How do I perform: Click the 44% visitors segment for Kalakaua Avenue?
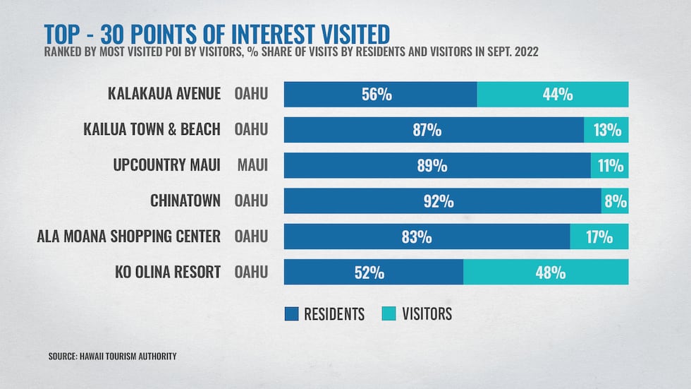click(x=553, y=95)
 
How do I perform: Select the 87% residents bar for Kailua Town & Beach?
click(x=434, y=130)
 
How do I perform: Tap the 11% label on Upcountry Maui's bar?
click(x=611, y=166)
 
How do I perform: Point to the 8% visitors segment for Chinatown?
click(x=615, y=201)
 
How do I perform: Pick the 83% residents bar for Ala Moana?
click(x=427, y=237)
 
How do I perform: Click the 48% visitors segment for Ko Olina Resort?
click(x=546, y=273)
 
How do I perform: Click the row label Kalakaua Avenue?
click(x=164, y=95)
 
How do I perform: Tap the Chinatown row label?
click(x=185, y=201)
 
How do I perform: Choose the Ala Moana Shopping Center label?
click(x=129, y=237)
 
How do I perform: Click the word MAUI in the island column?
click(x=252, y=166)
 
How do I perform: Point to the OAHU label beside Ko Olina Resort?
click(x=252, y=273)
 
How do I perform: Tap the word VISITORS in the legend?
click(x=427, y=313)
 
